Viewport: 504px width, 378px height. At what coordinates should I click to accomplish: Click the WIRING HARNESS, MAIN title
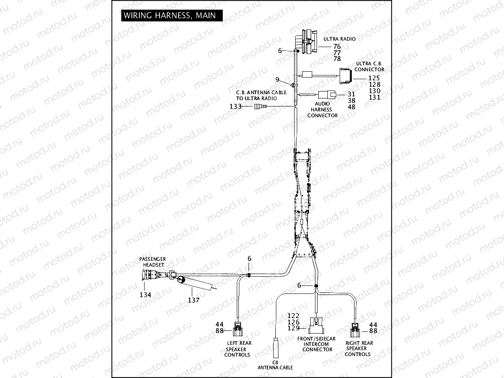coord(170,16)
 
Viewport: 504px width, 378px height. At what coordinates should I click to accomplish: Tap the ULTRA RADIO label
coord(340,39)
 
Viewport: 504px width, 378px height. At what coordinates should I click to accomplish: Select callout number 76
coord(337,47)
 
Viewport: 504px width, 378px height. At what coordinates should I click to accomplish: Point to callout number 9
coord(277,80)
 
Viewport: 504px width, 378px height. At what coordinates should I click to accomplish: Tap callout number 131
coord(374,97)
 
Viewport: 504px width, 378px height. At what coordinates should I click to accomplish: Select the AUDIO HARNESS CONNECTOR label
coord(322,110)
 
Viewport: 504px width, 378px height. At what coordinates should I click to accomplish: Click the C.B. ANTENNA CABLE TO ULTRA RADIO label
coord(257,95)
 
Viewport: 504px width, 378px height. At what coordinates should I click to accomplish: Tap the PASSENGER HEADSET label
coord(153,262)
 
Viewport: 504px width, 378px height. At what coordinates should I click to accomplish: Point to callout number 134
coord(146,295)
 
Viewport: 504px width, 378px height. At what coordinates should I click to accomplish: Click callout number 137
coord(193,300)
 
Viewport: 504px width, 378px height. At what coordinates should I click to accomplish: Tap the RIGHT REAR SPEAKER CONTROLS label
coord(358,349)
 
